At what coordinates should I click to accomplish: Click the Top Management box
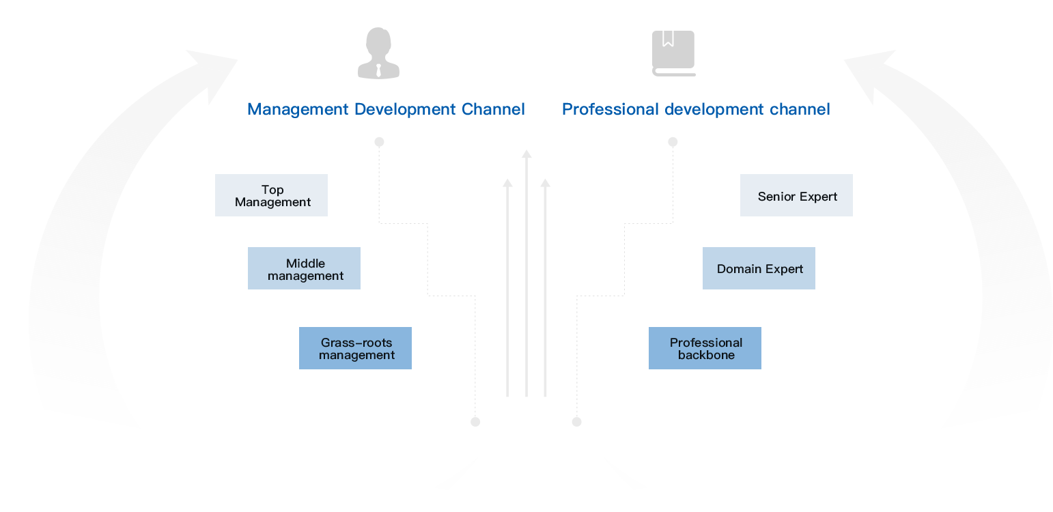[x=271, y=195]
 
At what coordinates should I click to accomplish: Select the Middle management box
[x=304, y=268]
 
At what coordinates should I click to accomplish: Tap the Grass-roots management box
[x=355, y=348]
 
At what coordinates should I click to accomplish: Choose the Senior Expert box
[x=796, y=195]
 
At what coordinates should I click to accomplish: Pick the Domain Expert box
[x=759, y=268]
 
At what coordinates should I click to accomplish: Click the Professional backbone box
[x=705, y=348]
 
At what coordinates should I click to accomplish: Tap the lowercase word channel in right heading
[x=800, y=109]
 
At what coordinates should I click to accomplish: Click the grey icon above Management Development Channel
[x=378, y=53]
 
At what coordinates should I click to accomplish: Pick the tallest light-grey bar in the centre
[x=526, y=273]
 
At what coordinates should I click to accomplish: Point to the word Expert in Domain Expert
[x=783, y=269]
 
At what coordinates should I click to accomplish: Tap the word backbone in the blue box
[x=706, y=355]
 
